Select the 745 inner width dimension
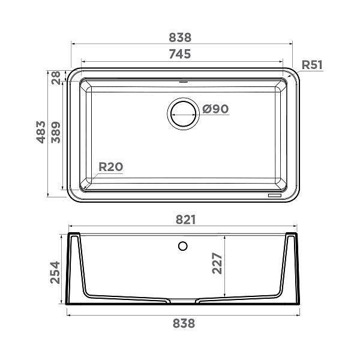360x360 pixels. [180, 54]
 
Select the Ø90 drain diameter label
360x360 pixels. [215, 109]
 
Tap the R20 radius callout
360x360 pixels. [110, 167]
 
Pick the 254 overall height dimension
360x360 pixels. [56, 274]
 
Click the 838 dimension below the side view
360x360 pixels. [184, 323]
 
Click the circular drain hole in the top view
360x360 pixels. [182, 112]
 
